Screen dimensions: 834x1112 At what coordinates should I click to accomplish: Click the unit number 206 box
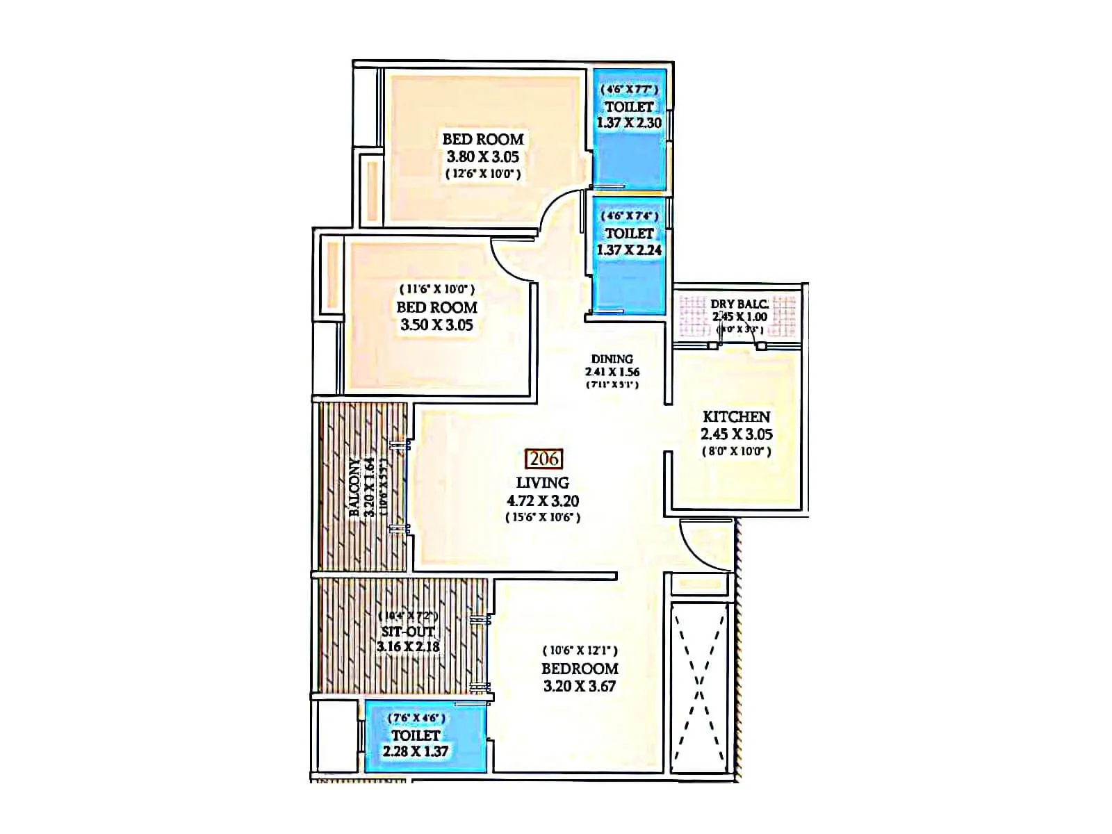544,459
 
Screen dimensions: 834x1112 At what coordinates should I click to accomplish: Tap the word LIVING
542,482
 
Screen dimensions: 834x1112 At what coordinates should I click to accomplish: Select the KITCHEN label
736,417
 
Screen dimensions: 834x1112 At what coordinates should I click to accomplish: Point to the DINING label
612,359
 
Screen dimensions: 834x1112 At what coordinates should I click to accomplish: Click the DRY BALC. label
739,304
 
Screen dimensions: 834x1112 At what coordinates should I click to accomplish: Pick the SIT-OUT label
408,632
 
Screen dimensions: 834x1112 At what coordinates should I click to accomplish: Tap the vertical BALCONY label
355,487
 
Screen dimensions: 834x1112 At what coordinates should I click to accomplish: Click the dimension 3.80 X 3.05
483,157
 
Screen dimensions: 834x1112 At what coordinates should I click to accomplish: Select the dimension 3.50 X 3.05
437,325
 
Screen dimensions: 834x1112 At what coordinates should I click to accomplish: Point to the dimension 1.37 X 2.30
629,123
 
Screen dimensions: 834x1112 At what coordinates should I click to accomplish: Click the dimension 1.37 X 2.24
629,250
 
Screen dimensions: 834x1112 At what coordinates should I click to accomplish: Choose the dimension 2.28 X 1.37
416,751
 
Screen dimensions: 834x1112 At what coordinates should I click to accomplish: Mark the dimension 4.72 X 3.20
543,500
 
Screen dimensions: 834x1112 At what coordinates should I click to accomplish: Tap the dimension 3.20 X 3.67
580,686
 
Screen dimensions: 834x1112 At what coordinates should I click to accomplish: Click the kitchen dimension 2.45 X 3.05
737,434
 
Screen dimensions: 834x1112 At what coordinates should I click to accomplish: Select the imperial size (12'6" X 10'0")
483,174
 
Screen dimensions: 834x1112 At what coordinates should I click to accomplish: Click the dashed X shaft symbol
699,687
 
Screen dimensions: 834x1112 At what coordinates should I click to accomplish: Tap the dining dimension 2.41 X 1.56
612,372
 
